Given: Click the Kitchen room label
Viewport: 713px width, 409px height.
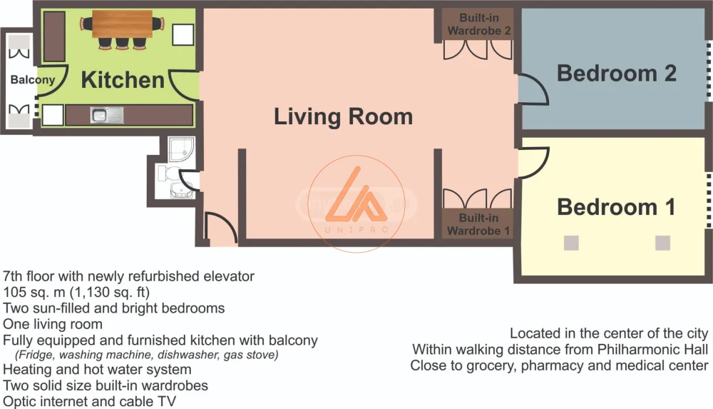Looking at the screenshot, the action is [x=123, y=80].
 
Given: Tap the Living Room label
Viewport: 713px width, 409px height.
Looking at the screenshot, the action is [x=344, y=116].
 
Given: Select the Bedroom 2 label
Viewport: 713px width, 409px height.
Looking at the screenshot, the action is [x=617, y=74].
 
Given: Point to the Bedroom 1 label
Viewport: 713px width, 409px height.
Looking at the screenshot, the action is [x=616, y=207].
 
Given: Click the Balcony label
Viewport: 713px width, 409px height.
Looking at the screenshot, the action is [x=33, y=80].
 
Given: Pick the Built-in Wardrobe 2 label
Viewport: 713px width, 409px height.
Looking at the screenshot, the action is [x=479, y=24].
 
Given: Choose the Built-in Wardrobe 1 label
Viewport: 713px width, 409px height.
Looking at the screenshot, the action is [x=478, y=224].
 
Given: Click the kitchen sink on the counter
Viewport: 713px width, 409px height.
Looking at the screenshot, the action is [x=107, y=115].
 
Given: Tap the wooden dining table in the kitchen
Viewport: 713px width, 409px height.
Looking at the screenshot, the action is [x=123, y=24].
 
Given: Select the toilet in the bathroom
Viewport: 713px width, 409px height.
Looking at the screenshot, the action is [x=169, y=173].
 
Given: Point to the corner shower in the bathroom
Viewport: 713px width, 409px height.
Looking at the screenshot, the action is [x=181, y=149].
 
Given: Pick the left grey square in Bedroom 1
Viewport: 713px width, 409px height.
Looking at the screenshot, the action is [x=571, y=243].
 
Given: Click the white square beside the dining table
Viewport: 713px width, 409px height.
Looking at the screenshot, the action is [x=183, y=34].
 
